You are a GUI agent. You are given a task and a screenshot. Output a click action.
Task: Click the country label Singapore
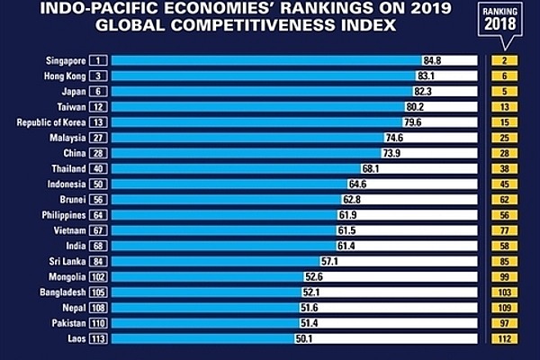pyautogui.click(x=60, y=60)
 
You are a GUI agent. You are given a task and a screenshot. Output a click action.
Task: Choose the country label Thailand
pyautogui.click(x=67, y=168)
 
